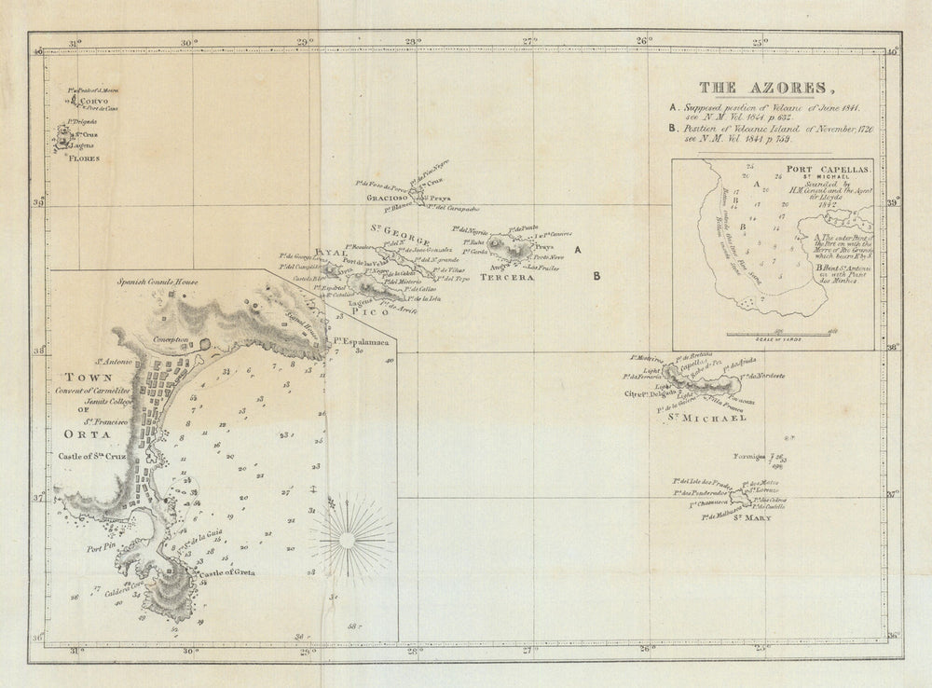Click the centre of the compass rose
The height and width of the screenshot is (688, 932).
(349, 538)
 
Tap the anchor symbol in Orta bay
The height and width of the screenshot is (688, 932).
(313, 488)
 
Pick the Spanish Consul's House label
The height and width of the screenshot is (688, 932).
(158, 281)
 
